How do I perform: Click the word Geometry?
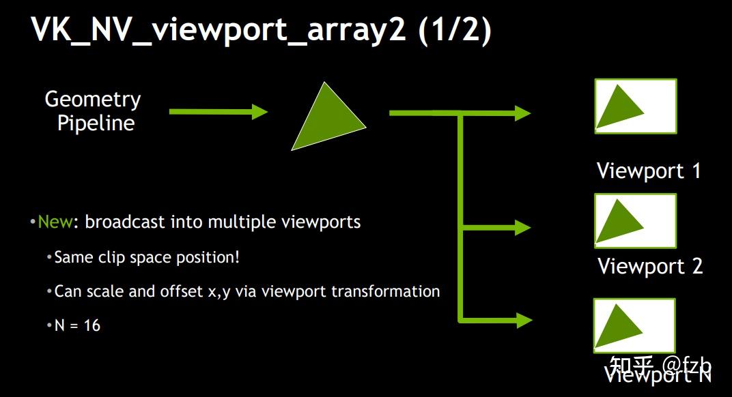coord(93,100)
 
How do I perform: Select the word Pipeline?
coord(96,123)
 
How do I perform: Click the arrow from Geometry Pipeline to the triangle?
coord(218,111)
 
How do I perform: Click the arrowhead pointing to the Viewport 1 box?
coord(522,113)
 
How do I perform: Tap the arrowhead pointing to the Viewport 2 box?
coord(522,226)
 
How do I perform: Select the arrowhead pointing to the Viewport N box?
coord(522,319)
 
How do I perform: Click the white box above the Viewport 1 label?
coord(635,106)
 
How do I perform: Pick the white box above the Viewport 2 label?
coord(635,220)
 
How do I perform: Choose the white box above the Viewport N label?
coord(634,325)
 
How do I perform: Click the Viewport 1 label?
coord(649,171)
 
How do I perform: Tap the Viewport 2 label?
coord(650,266)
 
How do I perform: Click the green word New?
coord(55,222)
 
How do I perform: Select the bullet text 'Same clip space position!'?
coord(147,257)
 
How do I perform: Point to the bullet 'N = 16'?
coord(77,325)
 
